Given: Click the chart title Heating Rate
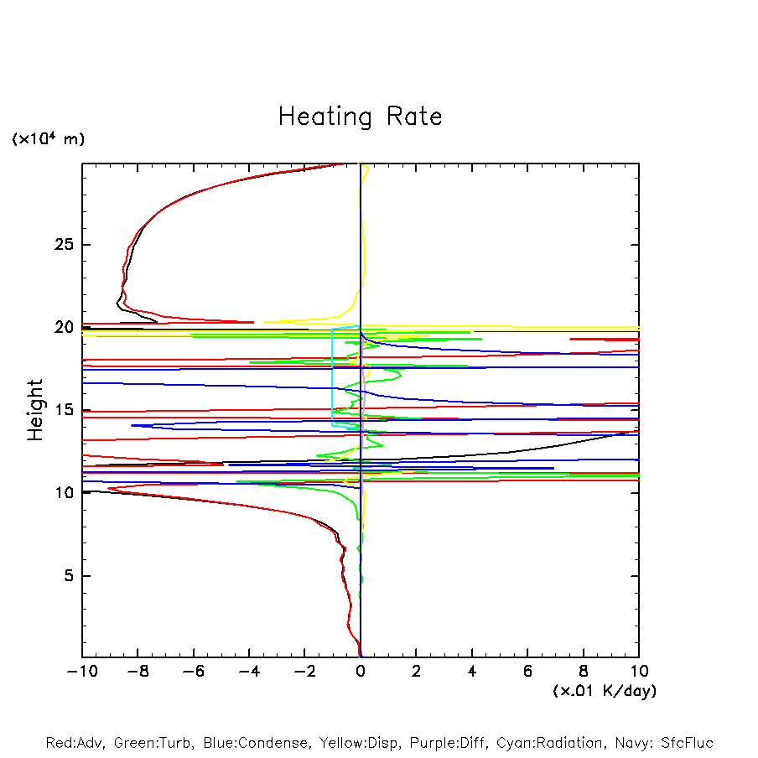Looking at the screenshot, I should coord(360,117).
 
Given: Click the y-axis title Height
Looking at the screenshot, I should coord(35,410).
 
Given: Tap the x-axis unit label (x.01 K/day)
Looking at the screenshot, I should coord(605,691).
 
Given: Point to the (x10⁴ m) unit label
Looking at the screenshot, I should coord(48,139).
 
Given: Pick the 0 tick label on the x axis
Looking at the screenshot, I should coord(361,672).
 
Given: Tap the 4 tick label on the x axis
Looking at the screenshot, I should coord(472,672).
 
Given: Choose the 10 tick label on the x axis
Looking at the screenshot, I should coord(638,672).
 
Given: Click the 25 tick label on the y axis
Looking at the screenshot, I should coord(63,245).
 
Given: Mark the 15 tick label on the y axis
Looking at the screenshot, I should coord(63,410).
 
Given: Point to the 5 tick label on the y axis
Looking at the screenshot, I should coord(68,576).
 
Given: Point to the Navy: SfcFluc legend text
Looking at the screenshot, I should coord(662,743).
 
